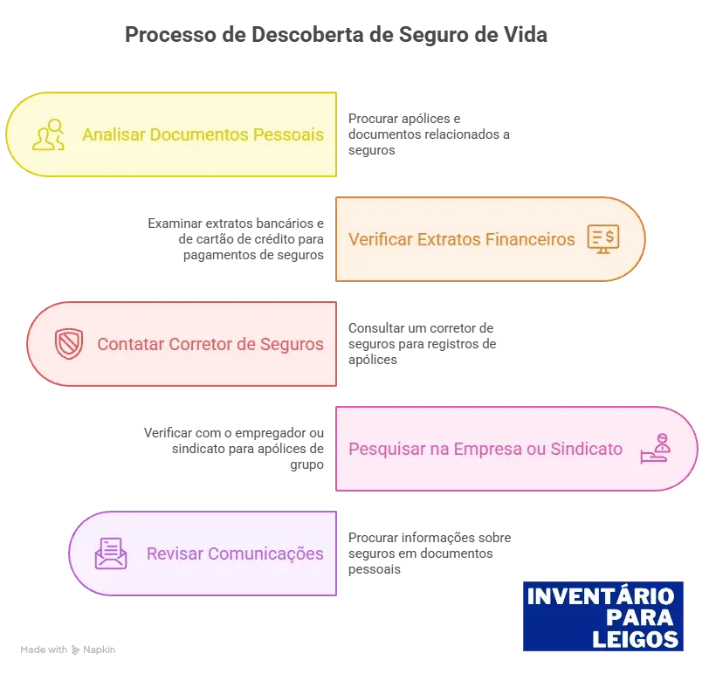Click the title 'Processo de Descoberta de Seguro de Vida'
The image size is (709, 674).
[x=336, y=35]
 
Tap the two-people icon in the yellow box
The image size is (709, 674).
[x=48, y=134]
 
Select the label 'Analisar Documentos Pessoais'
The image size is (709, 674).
[x=203, y=134]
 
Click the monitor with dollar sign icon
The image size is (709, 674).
[x=603, y=239]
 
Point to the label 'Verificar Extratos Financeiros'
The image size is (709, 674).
[x=462, y=239]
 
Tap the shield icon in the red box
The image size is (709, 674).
[x=69, y=344]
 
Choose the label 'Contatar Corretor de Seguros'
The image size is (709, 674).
[x=210, y=345]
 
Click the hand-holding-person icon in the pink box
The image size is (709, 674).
[x=656, y=449]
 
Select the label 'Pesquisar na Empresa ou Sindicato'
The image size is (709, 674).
[x=485, y=450]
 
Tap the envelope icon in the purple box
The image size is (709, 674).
[x=111, y=554]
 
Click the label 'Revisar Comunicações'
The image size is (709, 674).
[x=235, y=554]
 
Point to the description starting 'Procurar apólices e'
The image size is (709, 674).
[x=429, y=134]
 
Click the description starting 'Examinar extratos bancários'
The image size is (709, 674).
[x=236, y=239]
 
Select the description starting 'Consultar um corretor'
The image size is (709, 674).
[x=422, y=344]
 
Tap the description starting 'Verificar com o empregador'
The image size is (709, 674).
[x=234, y=449]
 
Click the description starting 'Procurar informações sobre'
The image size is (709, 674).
[x=430, y=554]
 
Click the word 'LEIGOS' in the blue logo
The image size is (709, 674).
[x=636, y=639]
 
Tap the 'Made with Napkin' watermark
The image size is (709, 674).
[x=68, y=650]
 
